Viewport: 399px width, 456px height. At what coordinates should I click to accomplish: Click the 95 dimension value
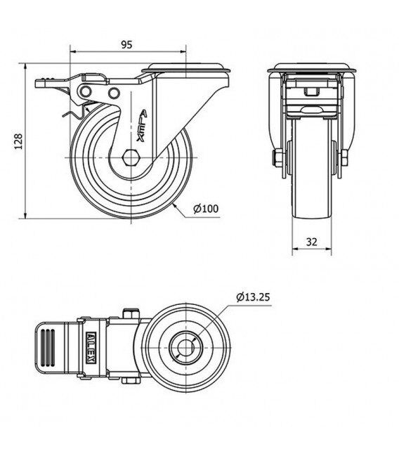tap(126, 44)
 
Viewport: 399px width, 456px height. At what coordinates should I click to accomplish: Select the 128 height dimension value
tap(18, 141)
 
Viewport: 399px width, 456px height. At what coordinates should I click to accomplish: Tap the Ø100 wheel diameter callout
tap(206, 209)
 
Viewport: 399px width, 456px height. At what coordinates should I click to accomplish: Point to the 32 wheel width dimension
tap(311, 242)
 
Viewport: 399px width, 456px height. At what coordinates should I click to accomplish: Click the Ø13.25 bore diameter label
tap(253, 297)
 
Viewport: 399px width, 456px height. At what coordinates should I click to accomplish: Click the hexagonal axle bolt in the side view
tap(131, 157)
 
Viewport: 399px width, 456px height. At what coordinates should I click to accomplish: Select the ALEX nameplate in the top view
tap(91, 348)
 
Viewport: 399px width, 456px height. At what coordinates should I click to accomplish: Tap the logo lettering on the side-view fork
tap(142, 126)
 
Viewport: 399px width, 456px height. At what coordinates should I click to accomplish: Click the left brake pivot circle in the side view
tap(86, 91)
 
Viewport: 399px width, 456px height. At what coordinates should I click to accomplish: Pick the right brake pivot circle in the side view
tap(114, 93)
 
